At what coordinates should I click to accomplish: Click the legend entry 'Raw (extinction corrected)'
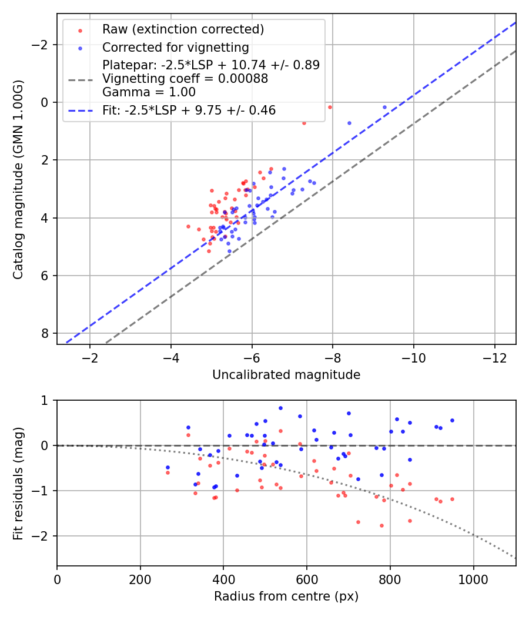pos(183,29)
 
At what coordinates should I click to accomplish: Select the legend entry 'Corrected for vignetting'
pos(176,48)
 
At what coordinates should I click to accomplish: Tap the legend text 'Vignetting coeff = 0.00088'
pos(185,79)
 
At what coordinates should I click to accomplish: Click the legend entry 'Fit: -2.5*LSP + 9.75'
pos(189,110)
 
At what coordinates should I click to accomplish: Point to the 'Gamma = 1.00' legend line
pos(149,92)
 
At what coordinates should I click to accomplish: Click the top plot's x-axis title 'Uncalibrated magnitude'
pos(286,375)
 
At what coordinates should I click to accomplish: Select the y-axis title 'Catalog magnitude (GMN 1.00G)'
pos(19,179)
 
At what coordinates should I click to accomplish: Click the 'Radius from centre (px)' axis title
pos(286,596)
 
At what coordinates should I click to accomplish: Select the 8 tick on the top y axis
pos(45,333)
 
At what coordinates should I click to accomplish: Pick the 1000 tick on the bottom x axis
pos(474,579)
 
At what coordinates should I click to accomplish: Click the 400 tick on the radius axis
pos(223,579)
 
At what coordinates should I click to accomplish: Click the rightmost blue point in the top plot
pos(385,108)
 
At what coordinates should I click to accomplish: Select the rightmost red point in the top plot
pos(330,107)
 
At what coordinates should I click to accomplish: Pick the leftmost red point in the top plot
pos(188,226)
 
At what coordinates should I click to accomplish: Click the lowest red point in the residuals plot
pos(381,525)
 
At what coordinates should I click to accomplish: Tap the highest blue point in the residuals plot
pos(280,408)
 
